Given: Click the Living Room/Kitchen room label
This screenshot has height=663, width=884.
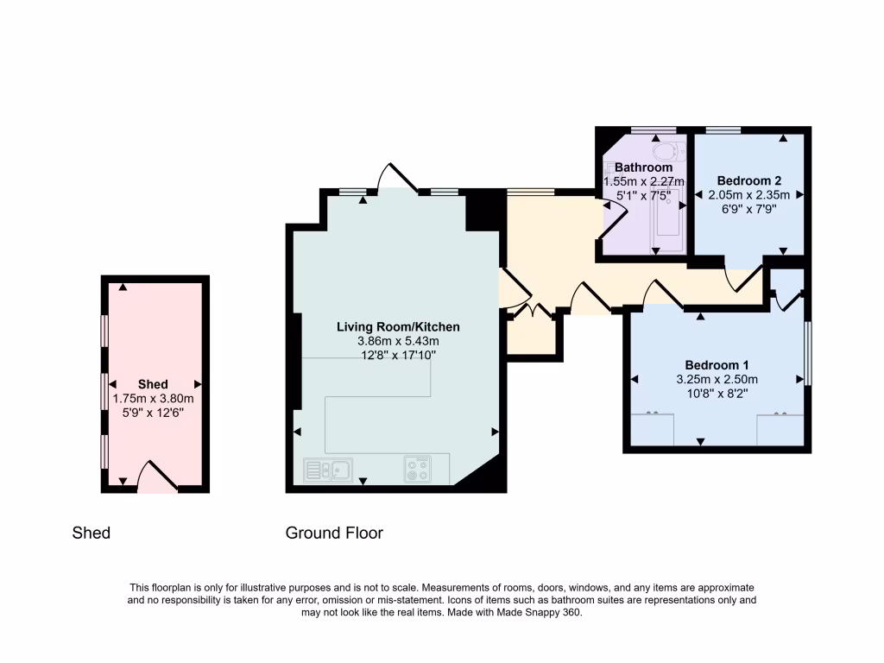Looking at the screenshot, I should click(x=398, y=327).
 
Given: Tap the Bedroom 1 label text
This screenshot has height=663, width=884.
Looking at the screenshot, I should click(x=717, y=364).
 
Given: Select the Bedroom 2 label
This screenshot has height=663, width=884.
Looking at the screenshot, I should click(x=748, y=180).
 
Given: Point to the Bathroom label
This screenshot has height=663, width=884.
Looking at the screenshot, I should click(x=643, y=167).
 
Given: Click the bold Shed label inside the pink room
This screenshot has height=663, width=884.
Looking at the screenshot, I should click(x=153, y=384).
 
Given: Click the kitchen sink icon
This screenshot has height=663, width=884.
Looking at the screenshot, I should click(x=328, y=469).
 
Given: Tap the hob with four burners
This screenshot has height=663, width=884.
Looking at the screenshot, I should click(x=419, y=469).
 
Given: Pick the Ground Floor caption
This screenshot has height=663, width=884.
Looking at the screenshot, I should click(x=334, y=533).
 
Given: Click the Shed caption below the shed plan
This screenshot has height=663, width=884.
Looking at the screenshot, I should click(x=92, y=533).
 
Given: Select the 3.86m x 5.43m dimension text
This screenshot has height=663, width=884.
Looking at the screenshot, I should click(x=398, y=342).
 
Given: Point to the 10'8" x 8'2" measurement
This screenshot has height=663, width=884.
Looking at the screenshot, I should click(x=717, y=394).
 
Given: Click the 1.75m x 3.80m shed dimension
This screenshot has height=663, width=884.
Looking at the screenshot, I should click(x=153, y=399).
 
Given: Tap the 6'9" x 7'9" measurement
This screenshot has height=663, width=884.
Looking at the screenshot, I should click(x=748, y=210).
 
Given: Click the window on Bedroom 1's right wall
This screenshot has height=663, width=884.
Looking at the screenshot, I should click(x=808, y=353).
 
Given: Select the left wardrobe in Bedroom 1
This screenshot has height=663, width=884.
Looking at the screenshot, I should click(x=653, y=428).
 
